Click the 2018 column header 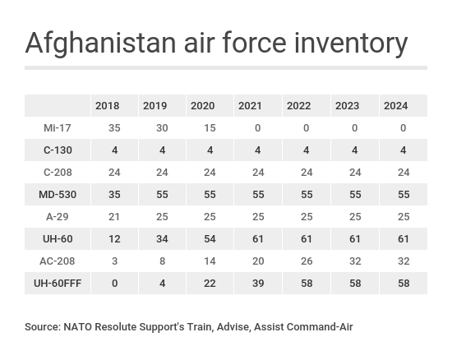click(x=107, y=106)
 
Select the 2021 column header click(x=250, y=106)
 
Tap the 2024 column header click(x=395, y=106)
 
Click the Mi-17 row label click(x=58, y=127)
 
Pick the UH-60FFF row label click(x=58, y=283)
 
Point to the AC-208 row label click(x=58, y=261)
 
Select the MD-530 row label click(x=58, y=194)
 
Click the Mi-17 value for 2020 click(x=210, y=127)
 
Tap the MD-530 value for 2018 click(x=114, y=194)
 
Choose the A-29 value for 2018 click(x=114, y=216)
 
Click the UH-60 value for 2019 click(x=162, y=238)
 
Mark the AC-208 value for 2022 click(x=307, y=261)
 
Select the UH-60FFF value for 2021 click(x=258, y=283)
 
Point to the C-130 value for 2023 click(x=355, y=150)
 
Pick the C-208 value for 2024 click(x=404, y=172)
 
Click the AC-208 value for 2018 click(x=114, y=261)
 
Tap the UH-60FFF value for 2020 click(x=210, y=283)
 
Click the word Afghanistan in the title click(x=100, y=44)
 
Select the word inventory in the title click(x=351, y=44)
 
